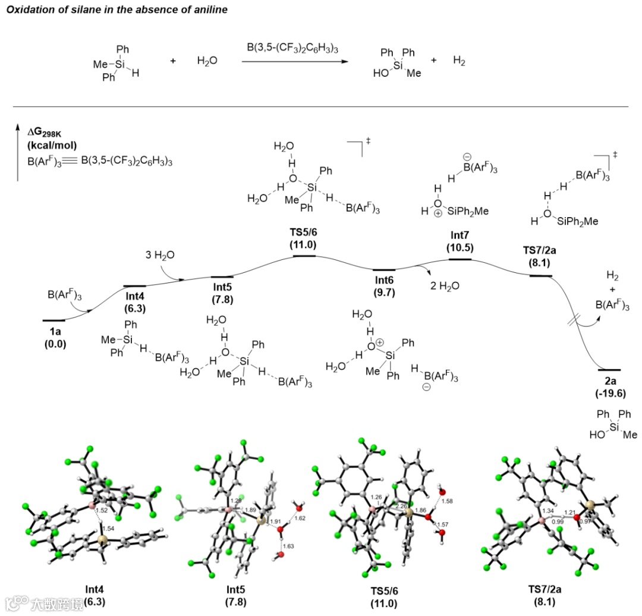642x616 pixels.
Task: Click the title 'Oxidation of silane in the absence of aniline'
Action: [109, 10]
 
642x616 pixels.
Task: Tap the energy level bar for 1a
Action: [54, 320]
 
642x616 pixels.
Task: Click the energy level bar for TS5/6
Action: [304, 256]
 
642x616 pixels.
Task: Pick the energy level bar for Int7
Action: [460, 259]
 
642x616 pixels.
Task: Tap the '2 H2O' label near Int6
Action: [444, 285]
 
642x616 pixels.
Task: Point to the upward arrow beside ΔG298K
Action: [18, 152]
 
